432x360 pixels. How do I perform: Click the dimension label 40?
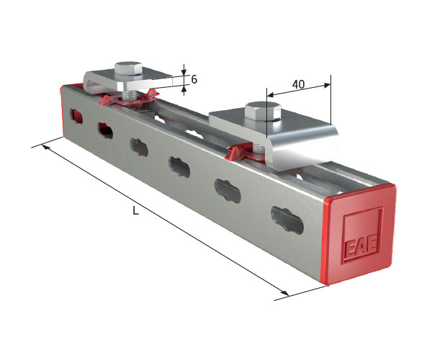pyautogui.click(x=298, y=84)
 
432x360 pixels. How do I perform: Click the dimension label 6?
pyautogui.click(x=194, y=80)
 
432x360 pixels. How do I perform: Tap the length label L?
pyautogui.click(x=135, y=211)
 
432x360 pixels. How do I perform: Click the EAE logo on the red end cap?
pyautogui.click(x=361, y=248)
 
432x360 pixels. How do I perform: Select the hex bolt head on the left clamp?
pyautogui.click(x=128, y=68)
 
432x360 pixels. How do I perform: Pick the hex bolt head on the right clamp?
pyautogui.click(x=263, y=111)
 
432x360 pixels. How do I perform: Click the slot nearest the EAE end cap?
pyautogui.click(x=287, y=220)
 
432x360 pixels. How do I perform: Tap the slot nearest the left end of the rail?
pyautogui.click(x=76, y=116)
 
